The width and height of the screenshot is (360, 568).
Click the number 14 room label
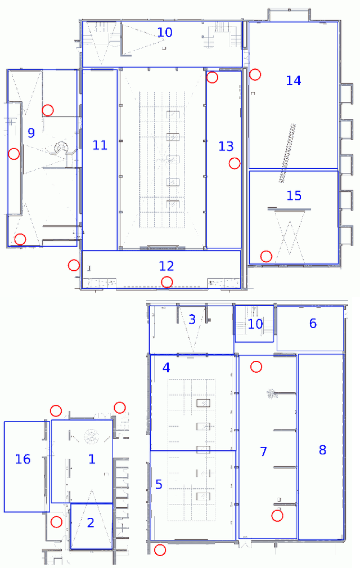point(293,80)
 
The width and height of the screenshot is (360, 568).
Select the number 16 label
point(22,459)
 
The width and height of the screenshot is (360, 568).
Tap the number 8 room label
point(322,450)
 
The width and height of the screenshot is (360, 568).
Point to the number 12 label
point(166,266)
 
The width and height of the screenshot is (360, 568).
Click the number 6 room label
point(313,323)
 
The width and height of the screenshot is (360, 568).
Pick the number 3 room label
point(192,320)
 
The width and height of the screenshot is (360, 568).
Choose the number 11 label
point(100,145)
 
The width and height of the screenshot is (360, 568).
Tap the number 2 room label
point(91,523)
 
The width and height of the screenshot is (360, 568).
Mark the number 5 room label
point(159,484)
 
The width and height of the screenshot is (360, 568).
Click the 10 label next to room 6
point(255,324)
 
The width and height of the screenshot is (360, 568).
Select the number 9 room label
point(31,133)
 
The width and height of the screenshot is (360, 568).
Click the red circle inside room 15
point(267,256)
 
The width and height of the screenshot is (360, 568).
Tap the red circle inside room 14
point(255,74)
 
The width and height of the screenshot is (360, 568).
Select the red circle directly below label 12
point(166,282)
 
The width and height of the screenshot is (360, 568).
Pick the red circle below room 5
point(160,550)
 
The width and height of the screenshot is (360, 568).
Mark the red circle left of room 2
point(56,522)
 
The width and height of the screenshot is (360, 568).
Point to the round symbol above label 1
point(91,436)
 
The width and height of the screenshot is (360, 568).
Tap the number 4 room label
point(166,368)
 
